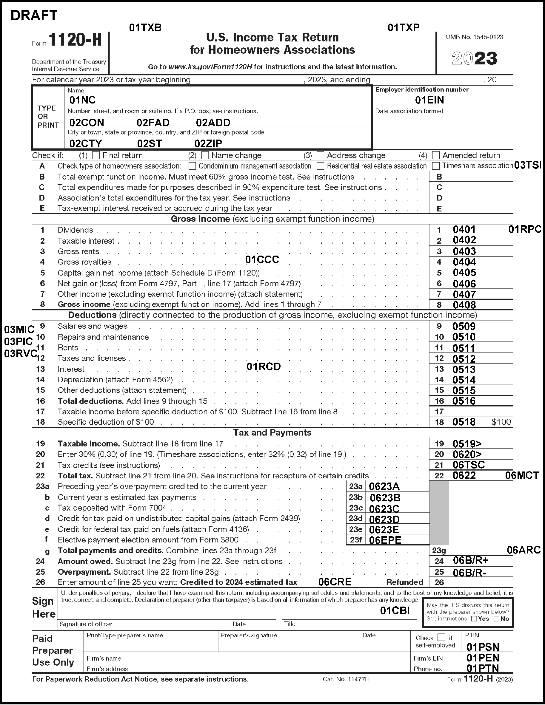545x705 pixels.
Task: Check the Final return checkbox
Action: (96, 155)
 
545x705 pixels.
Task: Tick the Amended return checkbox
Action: (436, 155)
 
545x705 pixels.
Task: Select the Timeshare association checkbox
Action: (436, 166)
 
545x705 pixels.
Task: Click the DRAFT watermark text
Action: (34, 15)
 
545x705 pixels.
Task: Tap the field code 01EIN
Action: (429, 100)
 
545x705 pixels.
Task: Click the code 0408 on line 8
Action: (464, 305)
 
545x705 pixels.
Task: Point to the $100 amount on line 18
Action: (501, 422)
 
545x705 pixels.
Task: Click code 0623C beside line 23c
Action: (384, 509)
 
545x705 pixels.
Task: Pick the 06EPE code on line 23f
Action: (385, 540)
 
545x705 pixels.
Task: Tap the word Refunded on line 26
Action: (404, 582)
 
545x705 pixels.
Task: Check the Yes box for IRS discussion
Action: (474, 619)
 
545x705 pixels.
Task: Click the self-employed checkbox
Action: (441, 637)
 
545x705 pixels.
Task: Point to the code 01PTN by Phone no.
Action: (483, 668)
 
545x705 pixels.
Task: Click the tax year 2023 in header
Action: (474, 58)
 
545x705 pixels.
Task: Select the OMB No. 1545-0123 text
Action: (474, 37)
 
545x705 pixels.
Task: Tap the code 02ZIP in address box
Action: (208, 143)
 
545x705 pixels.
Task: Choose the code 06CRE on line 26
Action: (335, 582)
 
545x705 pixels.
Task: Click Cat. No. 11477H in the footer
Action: (346, 679)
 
